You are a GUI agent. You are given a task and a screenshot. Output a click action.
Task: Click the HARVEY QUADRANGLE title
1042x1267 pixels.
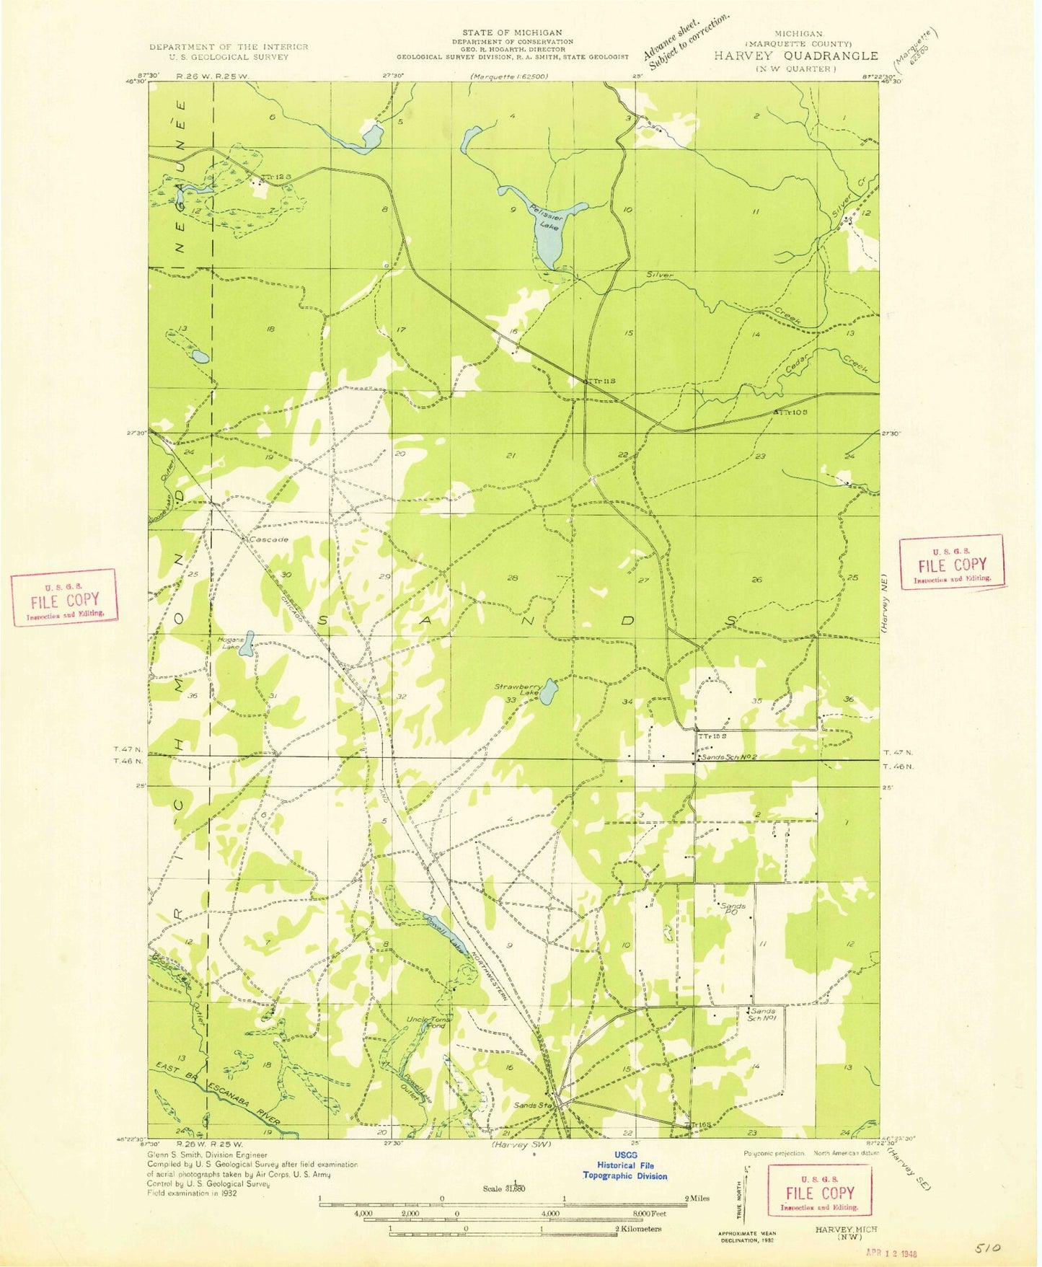click(796, 56)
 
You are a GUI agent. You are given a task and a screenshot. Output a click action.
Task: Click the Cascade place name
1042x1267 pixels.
click(268, 539)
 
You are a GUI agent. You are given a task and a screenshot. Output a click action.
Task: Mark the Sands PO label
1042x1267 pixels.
click(733, 909)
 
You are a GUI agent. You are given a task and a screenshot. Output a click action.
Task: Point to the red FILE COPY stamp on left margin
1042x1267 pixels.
click(64, 598)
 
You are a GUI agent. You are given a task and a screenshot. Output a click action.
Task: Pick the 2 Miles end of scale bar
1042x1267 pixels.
click(696, 1198)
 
